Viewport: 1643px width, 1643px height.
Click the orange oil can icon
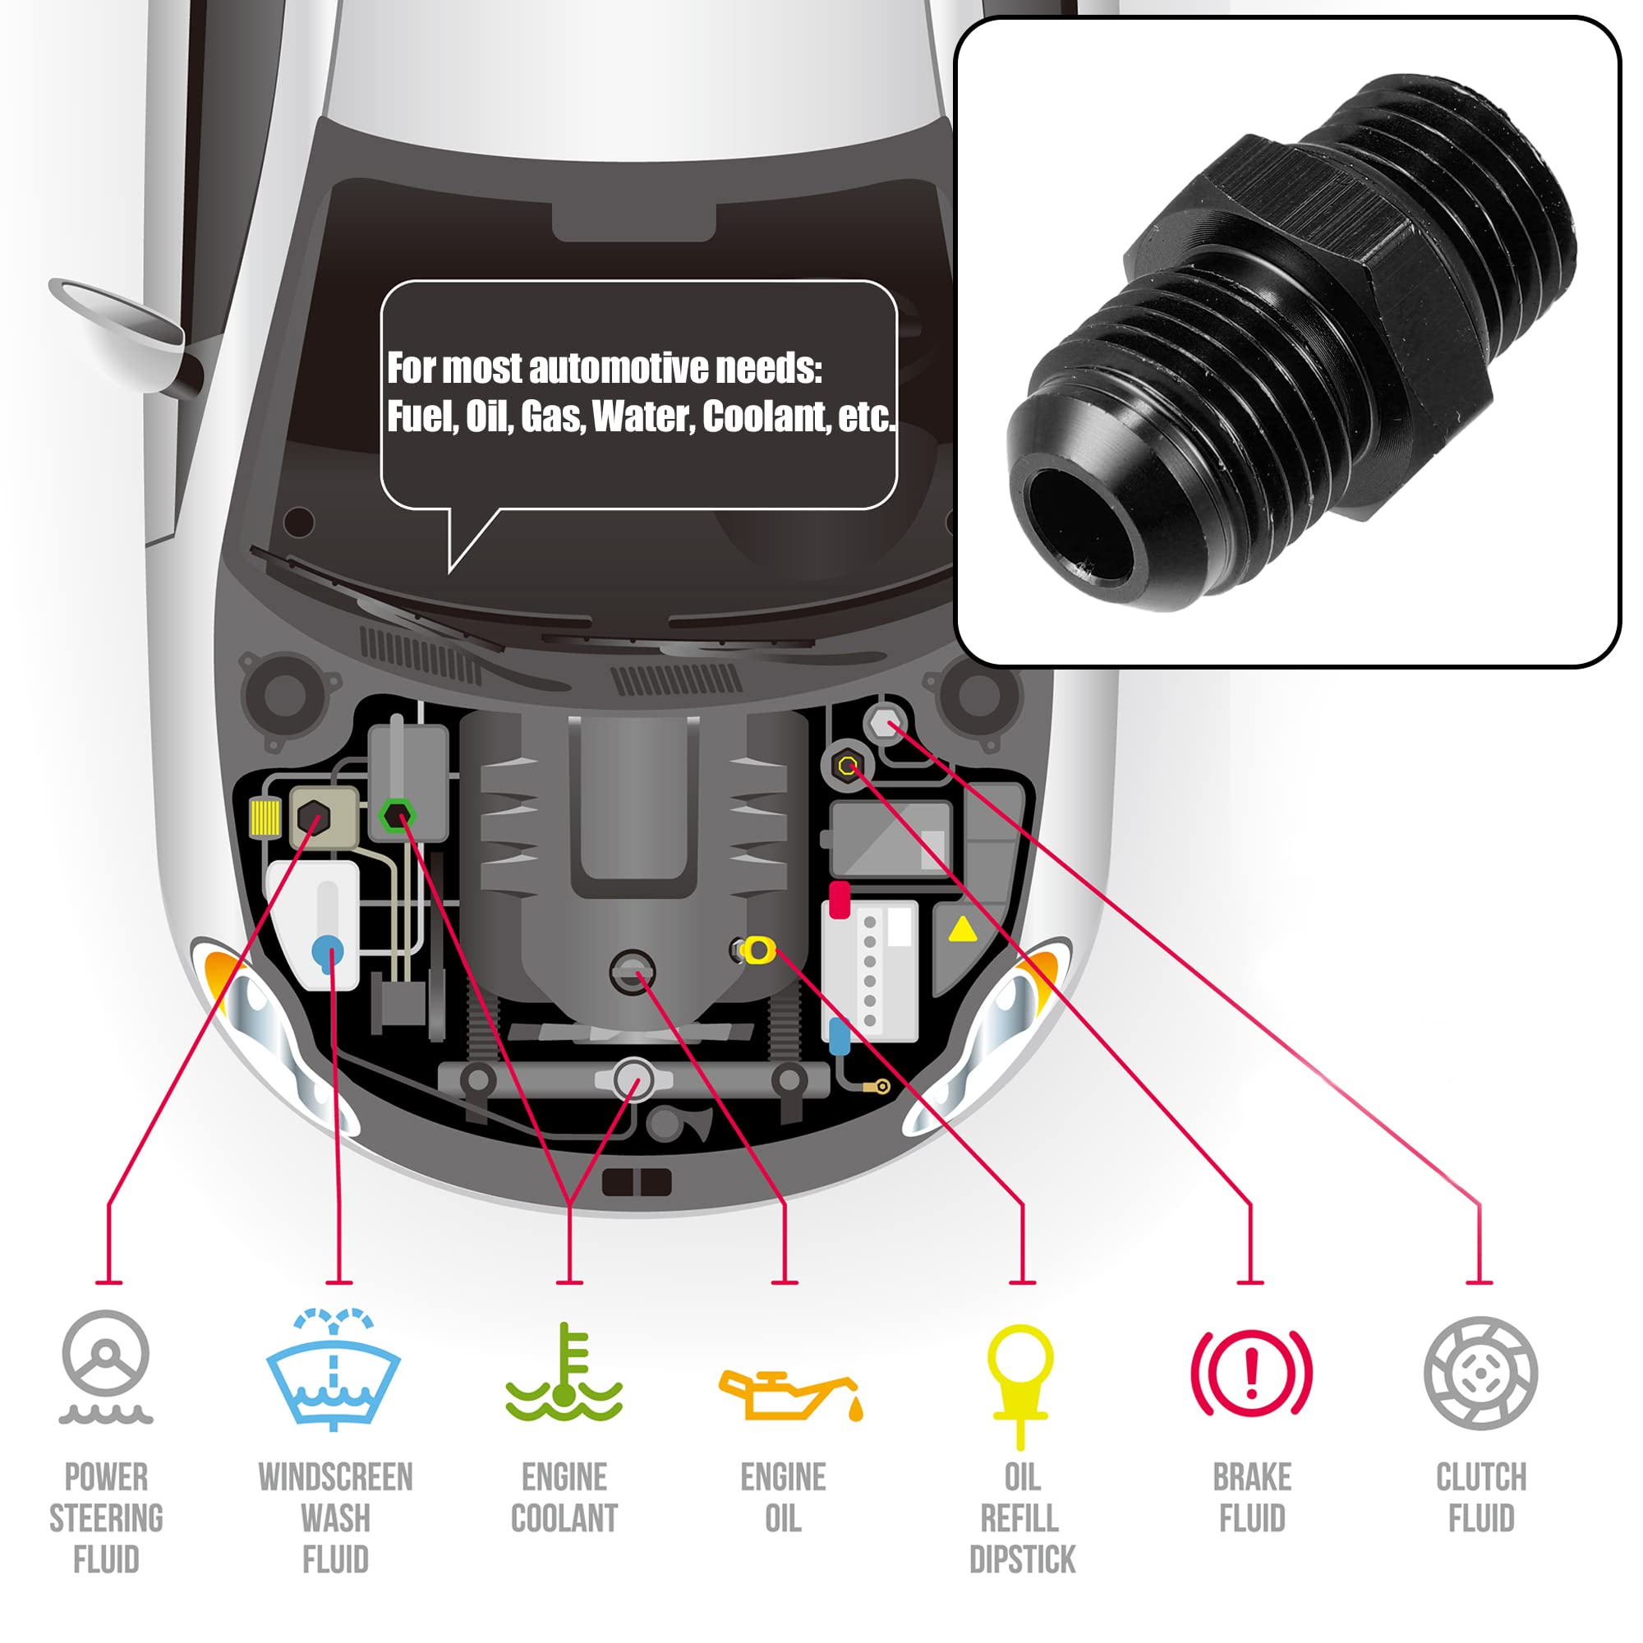[790, 1395]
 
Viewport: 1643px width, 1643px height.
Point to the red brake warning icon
[1251, 1373]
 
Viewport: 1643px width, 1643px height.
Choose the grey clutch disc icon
[1480, 1373]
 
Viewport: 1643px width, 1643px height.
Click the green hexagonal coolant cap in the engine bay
[396, 816]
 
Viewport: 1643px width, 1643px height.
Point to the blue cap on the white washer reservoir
[329, 949]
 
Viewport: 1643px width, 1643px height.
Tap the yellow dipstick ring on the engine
[757, 949]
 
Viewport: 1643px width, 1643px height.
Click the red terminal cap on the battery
[840, 900]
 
